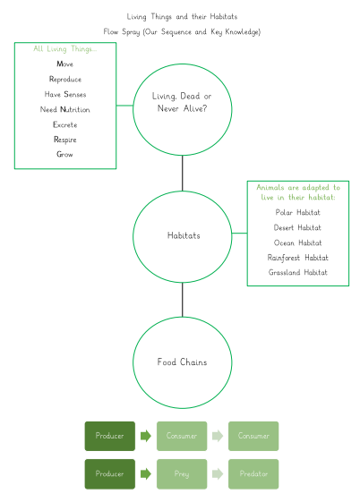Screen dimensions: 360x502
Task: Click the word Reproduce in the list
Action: pos(65,79)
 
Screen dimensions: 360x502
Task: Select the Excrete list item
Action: pos(65,124)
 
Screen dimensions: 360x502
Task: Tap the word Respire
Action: pos(65,140)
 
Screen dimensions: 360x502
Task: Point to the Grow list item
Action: pos(64,154)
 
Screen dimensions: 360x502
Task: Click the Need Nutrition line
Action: pos(65,109)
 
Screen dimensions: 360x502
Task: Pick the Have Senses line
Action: pos(65,94)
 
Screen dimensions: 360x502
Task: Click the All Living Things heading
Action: pos(65,49)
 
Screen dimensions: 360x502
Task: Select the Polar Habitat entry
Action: pos(298,212)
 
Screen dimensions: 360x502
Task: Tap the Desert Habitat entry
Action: pos(297,227)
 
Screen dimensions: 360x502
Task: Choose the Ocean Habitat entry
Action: pos(298,242)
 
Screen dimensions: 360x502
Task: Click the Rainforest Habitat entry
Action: pos(298,258)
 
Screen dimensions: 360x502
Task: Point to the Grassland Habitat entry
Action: pos(298,272)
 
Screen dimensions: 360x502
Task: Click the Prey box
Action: pos(182,474)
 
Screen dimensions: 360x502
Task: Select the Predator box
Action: pos(253,474)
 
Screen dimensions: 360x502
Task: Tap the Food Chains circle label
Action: pos(183,362)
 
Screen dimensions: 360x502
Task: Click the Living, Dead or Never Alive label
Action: pos(182,102)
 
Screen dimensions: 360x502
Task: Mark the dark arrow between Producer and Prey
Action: pos(146,474)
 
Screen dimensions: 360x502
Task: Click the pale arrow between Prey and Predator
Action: pos(218,474)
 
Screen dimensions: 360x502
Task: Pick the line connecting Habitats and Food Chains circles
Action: pos(183,300)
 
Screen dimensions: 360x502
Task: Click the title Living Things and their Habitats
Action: pos(182,17)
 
